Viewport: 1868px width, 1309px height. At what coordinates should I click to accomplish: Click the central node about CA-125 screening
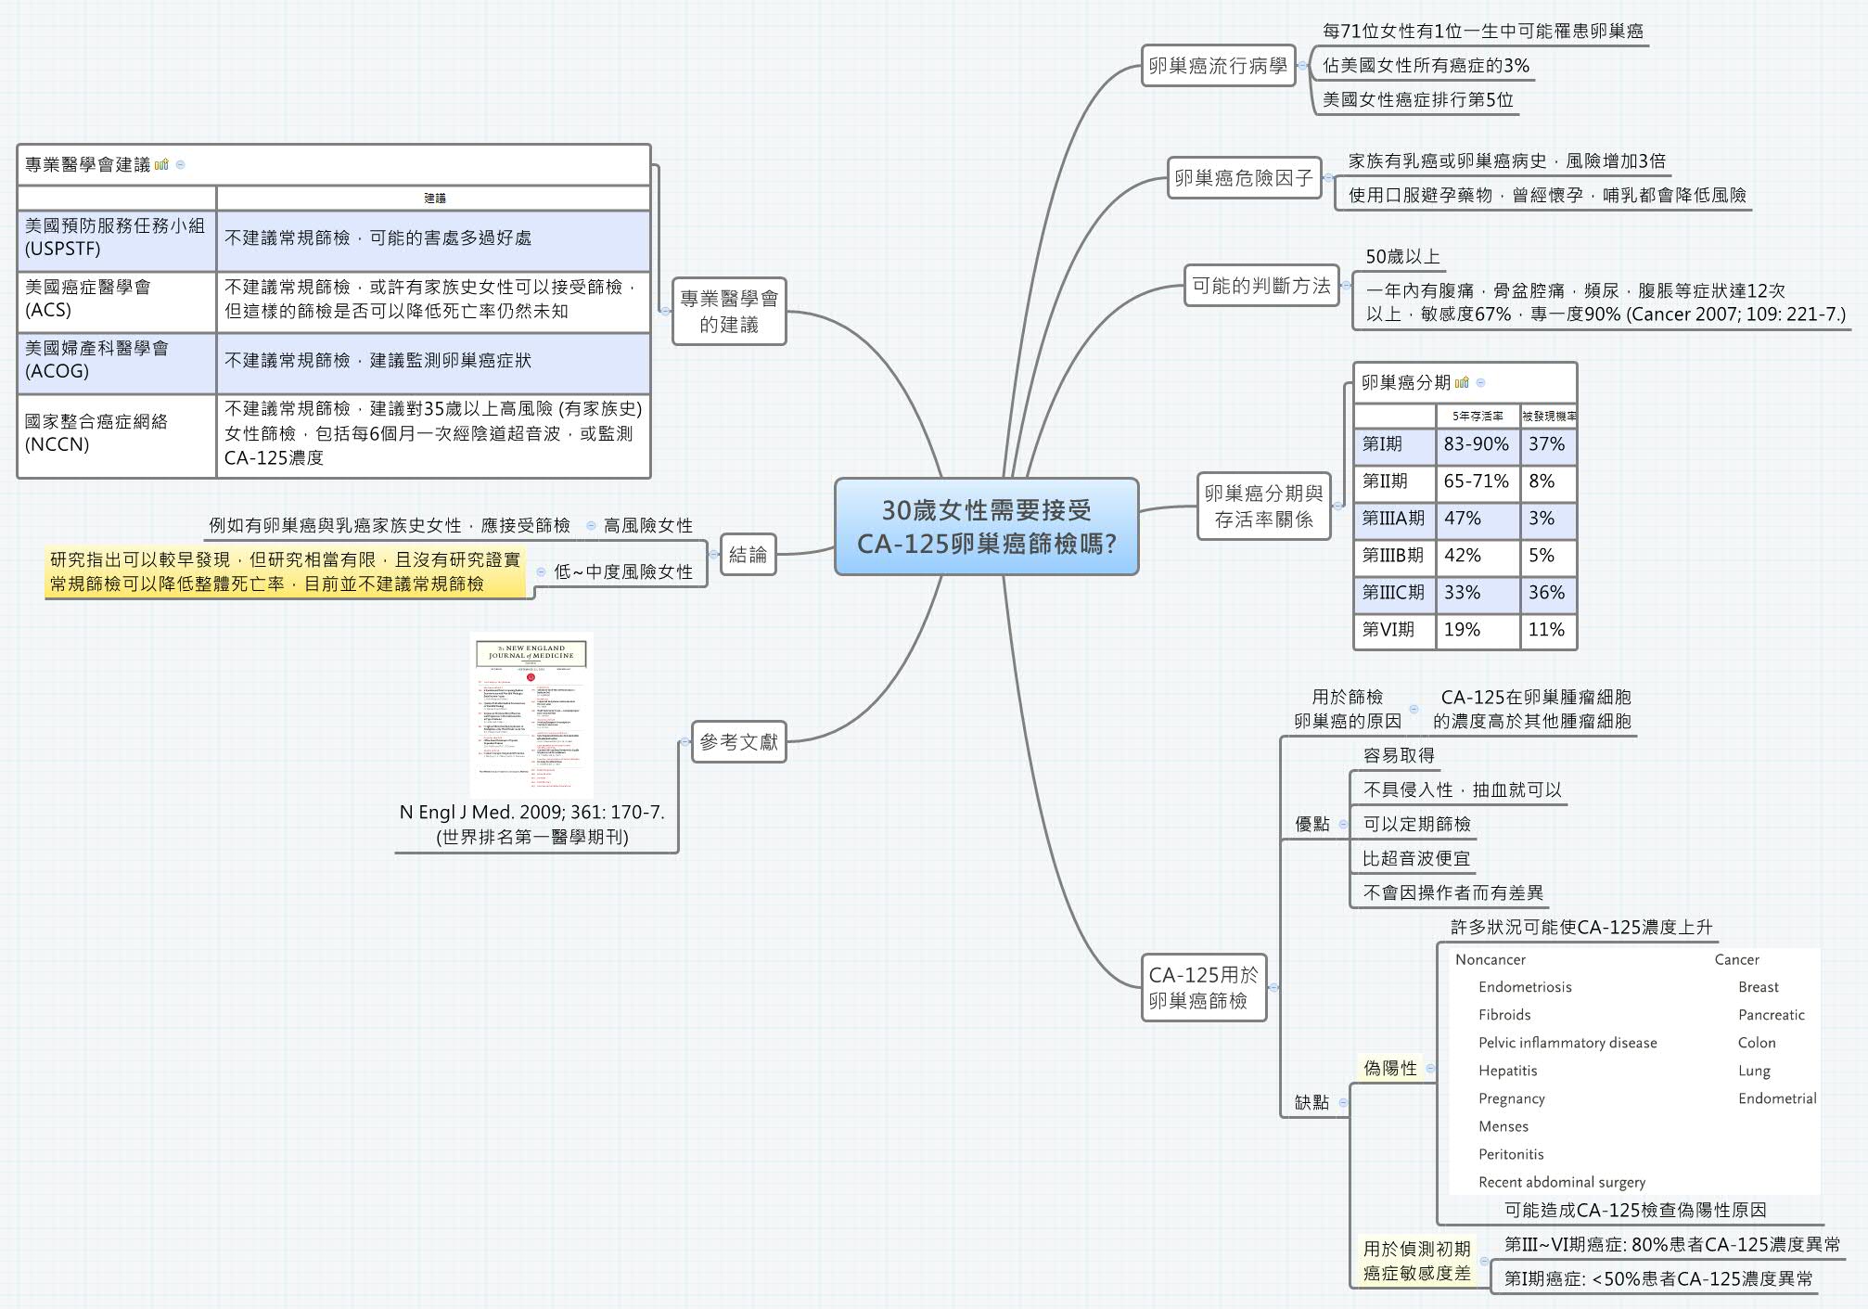986,526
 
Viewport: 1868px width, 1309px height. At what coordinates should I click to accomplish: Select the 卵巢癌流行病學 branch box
1218,66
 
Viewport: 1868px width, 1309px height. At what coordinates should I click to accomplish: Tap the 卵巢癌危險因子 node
1243,177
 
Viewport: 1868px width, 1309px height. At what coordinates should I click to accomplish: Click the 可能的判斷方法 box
1260,286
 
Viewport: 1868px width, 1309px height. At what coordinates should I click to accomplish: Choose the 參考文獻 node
738,742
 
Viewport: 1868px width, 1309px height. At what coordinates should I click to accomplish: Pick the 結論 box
748,555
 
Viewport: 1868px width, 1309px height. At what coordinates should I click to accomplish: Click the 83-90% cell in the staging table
1476,444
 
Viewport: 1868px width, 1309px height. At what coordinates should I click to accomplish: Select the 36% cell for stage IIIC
1546,592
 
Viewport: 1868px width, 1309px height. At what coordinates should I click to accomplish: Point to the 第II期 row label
1392,481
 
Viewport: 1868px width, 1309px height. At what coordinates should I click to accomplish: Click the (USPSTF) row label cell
116,237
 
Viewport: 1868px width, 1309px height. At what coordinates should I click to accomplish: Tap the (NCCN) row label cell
116,433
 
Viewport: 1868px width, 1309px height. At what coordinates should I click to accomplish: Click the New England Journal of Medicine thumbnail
531,714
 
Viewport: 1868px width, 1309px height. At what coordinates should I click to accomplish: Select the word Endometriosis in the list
1525,987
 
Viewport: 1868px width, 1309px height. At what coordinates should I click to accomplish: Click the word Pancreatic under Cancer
1771,1015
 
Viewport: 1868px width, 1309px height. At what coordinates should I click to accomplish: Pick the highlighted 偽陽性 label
1389,1068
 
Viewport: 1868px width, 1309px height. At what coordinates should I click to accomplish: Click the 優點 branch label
1311,824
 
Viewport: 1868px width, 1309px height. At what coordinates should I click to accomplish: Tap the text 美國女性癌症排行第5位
1417,99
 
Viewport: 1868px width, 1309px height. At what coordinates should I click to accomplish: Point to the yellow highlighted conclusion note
285,571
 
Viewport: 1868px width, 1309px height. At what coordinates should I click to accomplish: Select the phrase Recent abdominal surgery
1561,1182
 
